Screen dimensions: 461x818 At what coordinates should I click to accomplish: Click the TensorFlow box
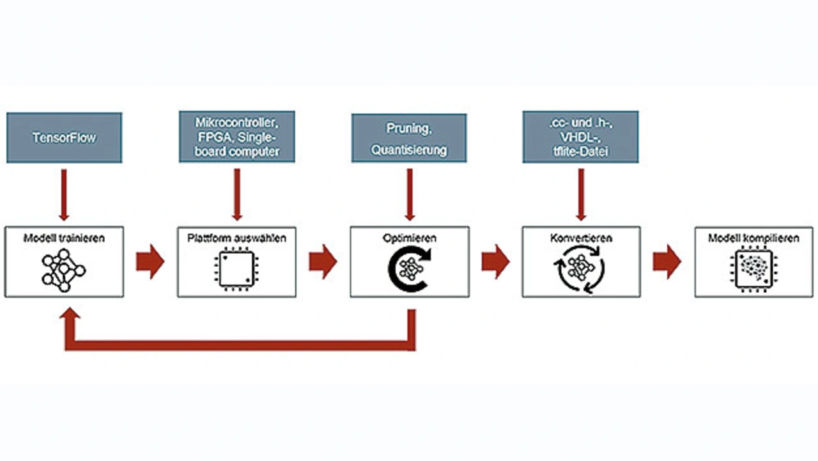pyautogui.click(x=64, y=137)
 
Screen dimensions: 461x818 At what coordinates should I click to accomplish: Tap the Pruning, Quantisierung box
pyautogui.click(x=408, y=137)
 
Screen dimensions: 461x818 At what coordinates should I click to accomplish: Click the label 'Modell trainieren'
pyautogui.click(x=65, y=238)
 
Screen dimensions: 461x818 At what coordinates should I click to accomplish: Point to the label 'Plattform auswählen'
pyautogui.click(x=237, y=238)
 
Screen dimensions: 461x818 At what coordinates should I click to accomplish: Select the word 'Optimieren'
pyautogui.click(x=410, y=238)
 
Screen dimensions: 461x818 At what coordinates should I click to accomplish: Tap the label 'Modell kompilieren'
pyautogui.click(x=753, y=238)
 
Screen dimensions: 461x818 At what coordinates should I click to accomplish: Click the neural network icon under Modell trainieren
pyautogui.click(x=64, y=270)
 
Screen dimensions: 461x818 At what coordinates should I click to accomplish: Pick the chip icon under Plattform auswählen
pyautogui.click(x=236, y=270)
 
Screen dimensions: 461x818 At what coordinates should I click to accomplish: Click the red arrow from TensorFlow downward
pyautogui.click(x=64, y=192)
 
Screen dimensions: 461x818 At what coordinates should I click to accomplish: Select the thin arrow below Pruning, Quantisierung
pyautogui.click(x=409, y=192)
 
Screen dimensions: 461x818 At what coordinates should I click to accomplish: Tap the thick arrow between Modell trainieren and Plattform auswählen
pyautogui.click(x=150, y=262)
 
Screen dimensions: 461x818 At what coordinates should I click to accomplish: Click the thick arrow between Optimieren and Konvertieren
pyautogui.click(x=495, y=262)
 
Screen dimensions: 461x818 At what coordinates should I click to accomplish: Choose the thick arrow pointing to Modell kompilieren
pyautogui.click(x=667, y=262)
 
